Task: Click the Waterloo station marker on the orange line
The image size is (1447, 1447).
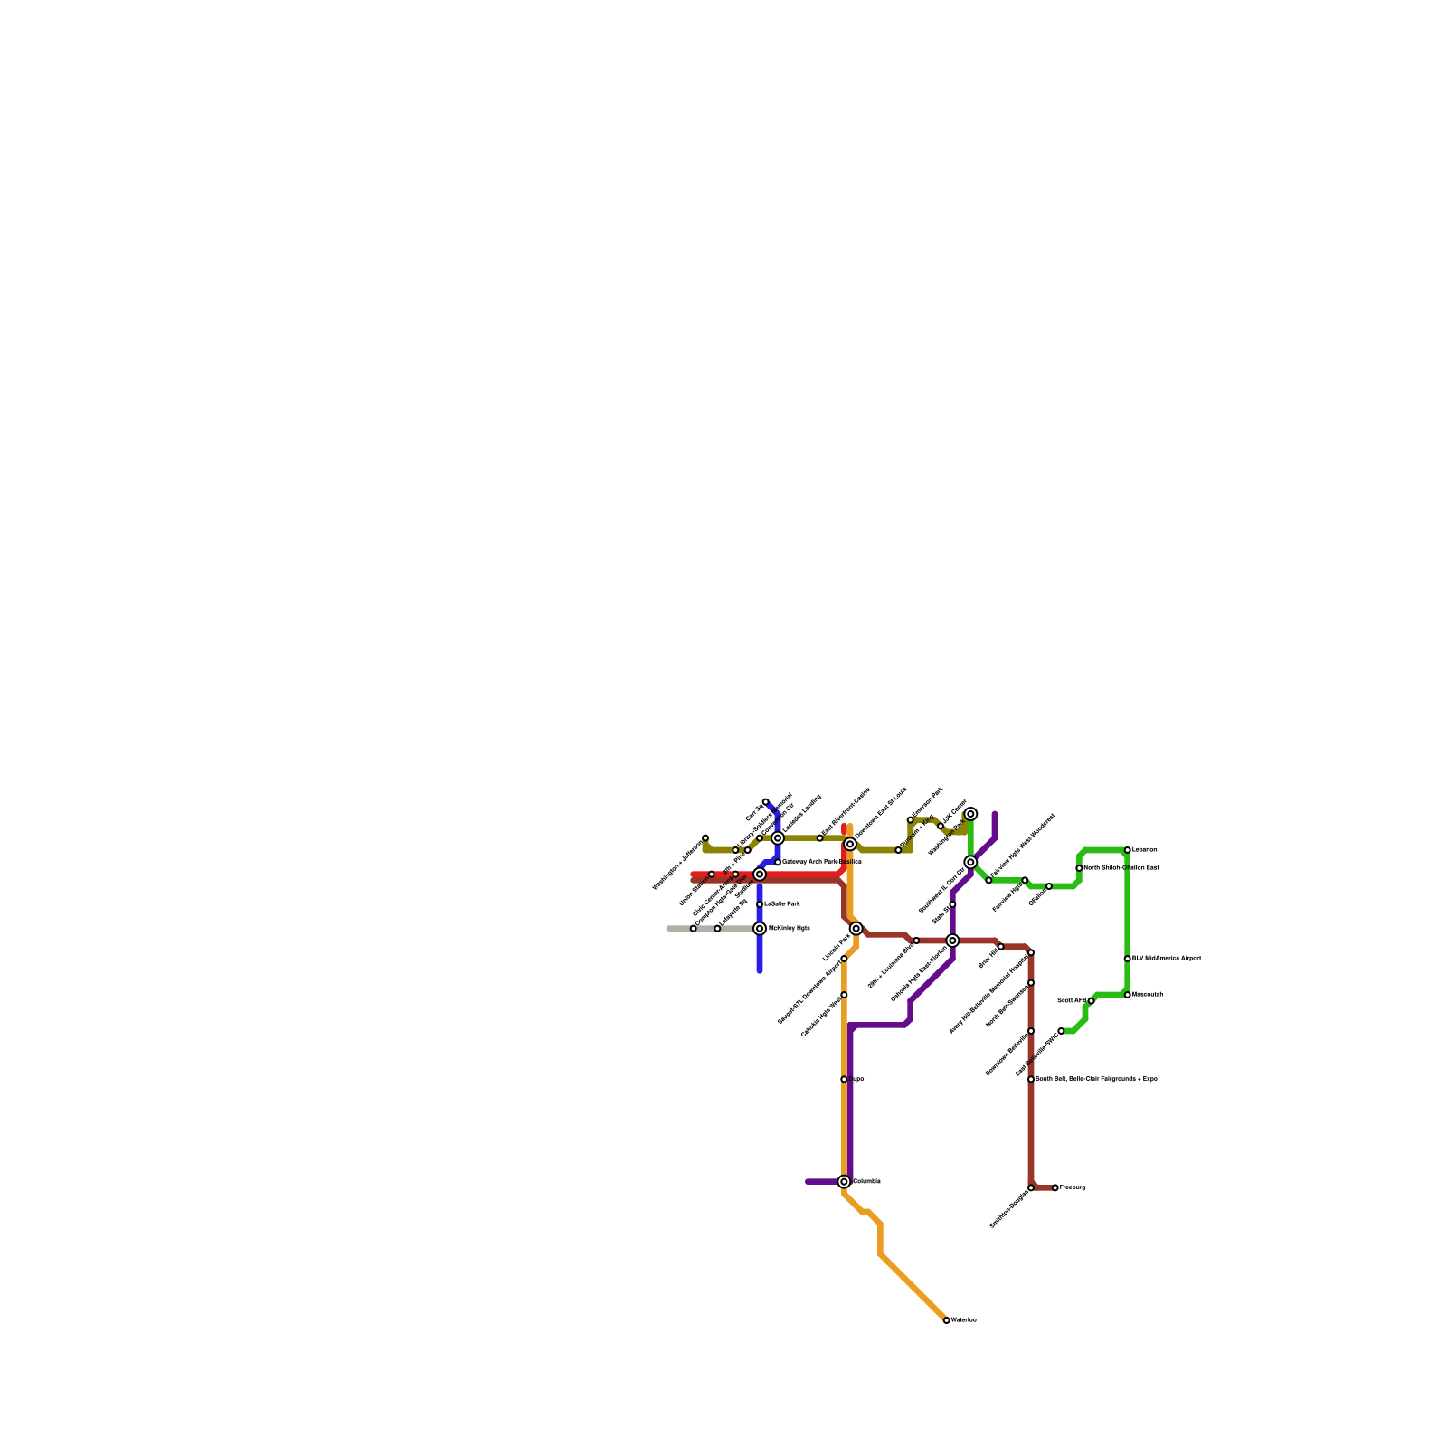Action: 946,1320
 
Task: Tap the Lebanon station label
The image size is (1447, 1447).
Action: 1144,850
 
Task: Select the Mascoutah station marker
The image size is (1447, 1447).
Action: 1127,995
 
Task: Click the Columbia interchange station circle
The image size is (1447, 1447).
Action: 844,1182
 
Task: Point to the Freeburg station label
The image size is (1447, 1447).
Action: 1072,1187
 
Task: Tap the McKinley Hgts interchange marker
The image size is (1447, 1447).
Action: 760,929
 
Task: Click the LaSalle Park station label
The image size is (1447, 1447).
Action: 781,904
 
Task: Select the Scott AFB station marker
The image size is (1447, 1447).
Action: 1091,1001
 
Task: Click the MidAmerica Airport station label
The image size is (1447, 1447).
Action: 1167,959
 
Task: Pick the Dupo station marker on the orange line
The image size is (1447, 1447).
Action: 844,1079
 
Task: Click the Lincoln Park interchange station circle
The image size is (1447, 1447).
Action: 856,929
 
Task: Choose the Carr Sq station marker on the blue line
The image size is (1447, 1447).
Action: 766,802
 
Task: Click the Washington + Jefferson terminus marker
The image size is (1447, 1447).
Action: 705,838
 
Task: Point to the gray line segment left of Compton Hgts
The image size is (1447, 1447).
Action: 679,929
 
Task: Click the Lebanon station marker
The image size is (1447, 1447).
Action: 1127,850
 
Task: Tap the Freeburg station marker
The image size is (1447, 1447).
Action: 1055,1187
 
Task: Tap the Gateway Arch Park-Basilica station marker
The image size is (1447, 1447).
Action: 778,862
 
